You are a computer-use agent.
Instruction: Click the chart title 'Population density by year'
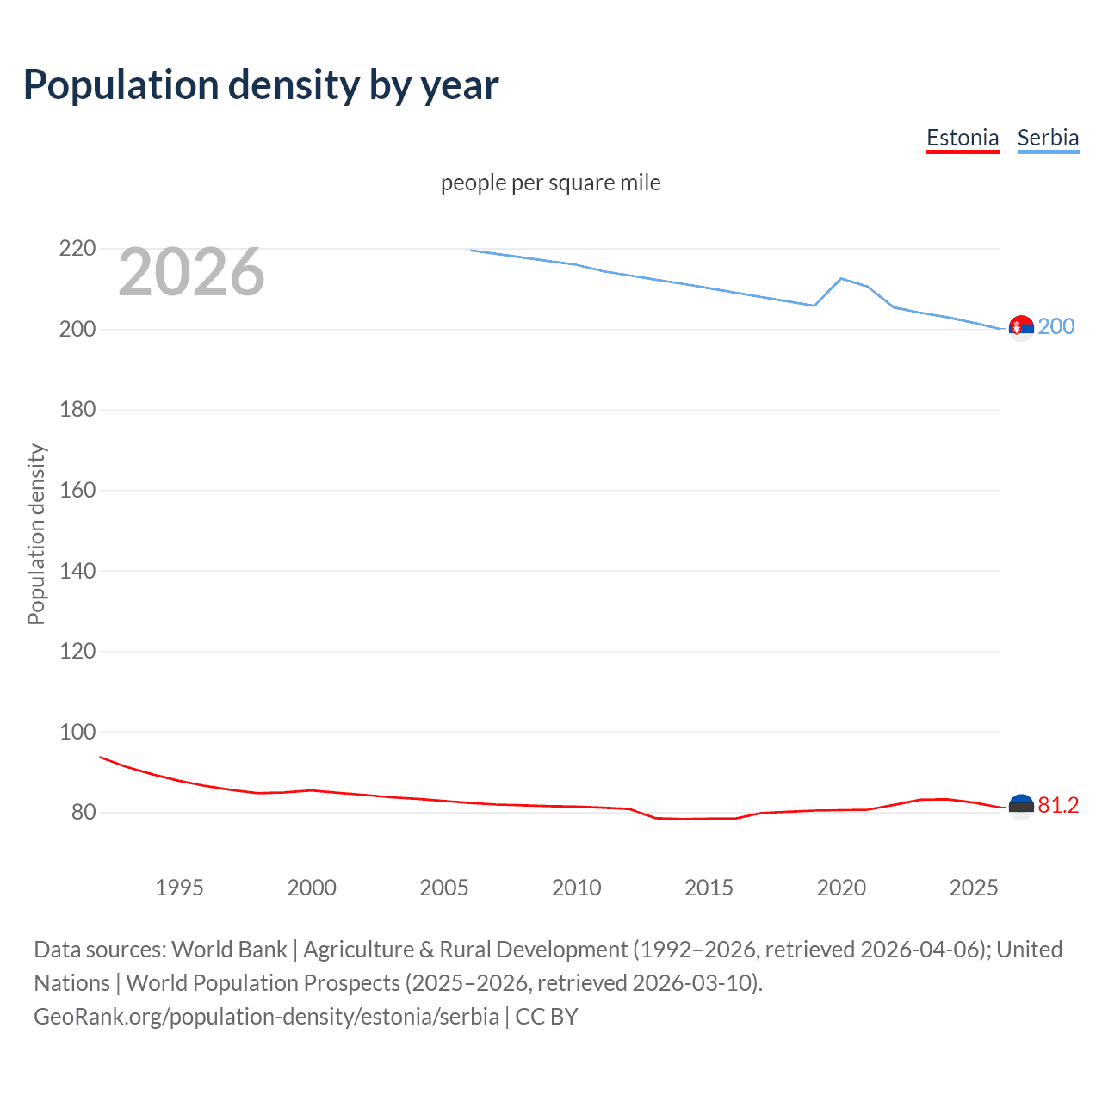click(x=261, y=85)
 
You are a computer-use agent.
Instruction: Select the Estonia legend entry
click(x=963, y=138)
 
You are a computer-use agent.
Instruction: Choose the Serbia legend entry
click(x=1048, y=138)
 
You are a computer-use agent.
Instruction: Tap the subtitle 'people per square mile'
click(x=551, y=183)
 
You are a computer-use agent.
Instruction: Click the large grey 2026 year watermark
click(x=191, y=272)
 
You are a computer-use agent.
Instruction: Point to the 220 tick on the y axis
click(x=77, y=249)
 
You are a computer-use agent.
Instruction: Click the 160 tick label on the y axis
click(x=77, y=490)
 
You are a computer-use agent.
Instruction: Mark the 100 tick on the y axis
click(x=77, y=732)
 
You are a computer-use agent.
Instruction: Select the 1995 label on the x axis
click(x=179, y=888)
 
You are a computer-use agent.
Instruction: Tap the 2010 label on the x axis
click(x=576, y=888)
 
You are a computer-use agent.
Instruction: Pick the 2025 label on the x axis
click(x=974, y=888)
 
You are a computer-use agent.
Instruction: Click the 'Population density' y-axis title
click(x=36, y=534)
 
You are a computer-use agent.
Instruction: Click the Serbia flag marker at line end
click(x=1021, y=328)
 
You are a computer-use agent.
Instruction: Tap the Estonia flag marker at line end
click(x=1021, y=807)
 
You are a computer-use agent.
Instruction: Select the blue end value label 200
click(x=1056, y=326)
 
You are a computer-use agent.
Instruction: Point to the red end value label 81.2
click(x=1058, y=805)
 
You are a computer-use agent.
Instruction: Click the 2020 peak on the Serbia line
click(x=841, y=278)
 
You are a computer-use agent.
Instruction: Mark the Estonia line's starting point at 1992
click(x=101, y=757)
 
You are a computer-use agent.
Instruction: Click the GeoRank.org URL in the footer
click(x=266, y=1017)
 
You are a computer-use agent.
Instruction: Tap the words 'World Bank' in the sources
click(x=229, y=950)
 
